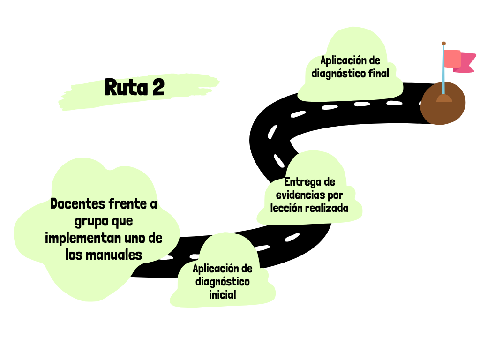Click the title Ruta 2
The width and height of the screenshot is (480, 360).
point(135,88)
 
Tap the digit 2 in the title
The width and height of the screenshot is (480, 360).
point(158,88)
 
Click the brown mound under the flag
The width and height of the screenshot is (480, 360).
point(443,105)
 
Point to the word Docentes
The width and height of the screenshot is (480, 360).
point(77,204)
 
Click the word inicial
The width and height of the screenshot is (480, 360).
point(222,294)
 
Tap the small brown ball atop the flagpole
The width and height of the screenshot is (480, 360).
point(443,43)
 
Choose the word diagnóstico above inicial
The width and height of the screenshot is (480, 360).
point(222,281)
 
